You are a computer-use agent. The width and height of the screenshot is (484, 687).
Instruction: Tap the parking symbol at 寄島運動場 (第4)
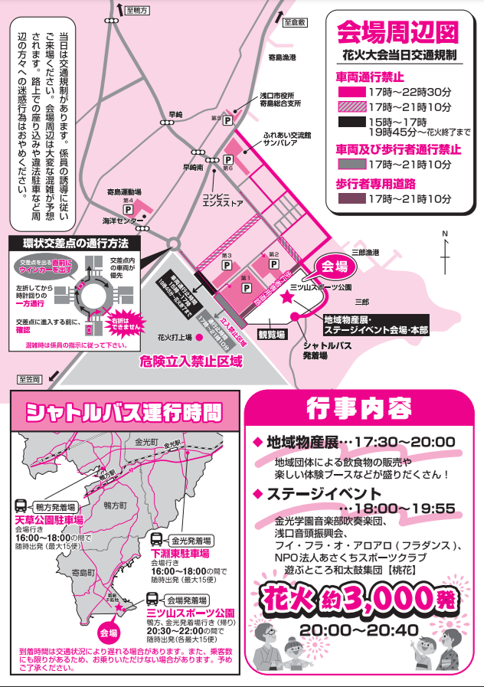129,209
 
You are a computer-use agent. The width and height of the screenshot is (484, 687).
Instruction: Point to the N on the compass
444,234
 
